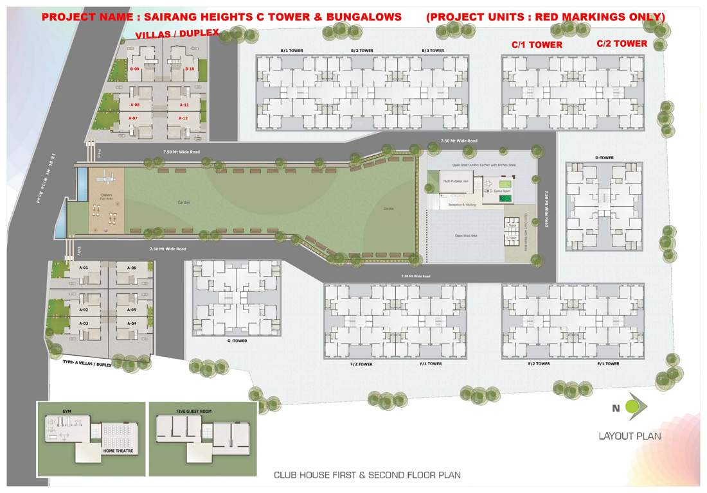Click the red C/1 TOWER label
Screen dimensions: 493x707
pyautogui.click(x=537, y=45)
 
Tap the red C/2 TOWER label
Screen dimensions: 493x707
pyautogui.click(x=622, y=44)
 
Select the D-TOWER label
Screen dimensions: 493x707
pyautogui.click(x=605, y=157)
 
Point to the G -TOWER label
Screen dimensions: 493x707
pyautogui.click(x=237, y=341)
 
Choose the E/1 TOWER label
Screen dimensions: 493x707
pyautogui.click(x=607, y=364)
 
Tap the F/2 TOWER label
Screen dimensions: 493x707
pyautogui.click(x=361, y=364)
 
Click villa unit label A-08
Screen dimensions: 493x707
pyautogui.click(x=135, y=105)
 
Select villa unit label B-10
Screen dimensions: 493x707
pyautogui.click(x=190, y=69)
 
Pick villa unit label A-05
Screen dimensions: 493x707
pyautogui.click(x=132, y=309)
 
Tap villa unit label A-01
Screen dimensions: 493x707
pyautogui.click(x=84, y=268)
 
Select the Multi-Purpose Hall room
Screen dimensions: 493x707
pyautogui.click(x=455, y=182)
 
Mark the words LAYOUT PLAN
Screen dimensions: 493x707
pyautogui.click(x=629, y=437)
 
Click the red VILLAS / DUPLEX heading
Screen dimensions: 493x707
pyautogui.click(x=177, y=32)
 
